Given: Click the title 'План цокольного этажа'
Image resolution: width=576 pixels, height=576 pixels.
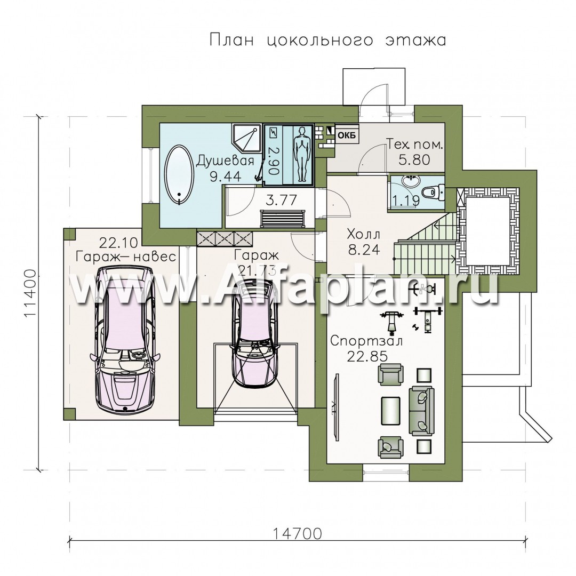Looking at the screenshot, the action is pyautogui.click(x=327, y=40).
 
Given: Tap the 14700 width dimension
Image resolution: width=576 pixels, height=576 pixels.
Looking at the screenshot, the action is pyautogui.click(x=297, y=534).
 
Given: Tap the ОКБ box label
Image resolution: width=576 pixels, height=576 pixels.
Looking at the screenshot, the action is pyautogui.click(x=347, y=135).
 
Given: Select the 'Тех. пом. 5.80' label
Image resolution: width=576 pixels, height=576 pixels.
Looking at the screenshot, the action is pyautogui.click(x=414, y=152).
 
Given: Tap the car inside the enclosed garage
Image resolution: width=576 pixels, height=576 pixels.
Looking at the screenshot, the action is pyautogui.click(x=255, y=331).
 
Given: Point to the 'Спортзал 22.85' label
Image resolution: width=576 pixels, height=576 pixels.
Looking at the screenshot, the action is pyautogui.click(x=366, y=348).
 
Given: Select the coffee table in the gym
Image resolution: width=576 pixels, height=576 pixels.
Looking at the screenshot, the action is pyautogui.click(x=391, y=411).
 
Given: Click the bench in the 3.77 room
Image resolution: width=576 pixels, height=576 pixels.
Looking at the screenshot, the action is pyautogui.click(x=283, y=219).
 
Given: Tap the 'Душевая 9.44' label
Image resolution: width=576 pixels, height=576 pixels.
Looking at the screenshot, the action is pyautogui.click(x=225, y=168).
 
